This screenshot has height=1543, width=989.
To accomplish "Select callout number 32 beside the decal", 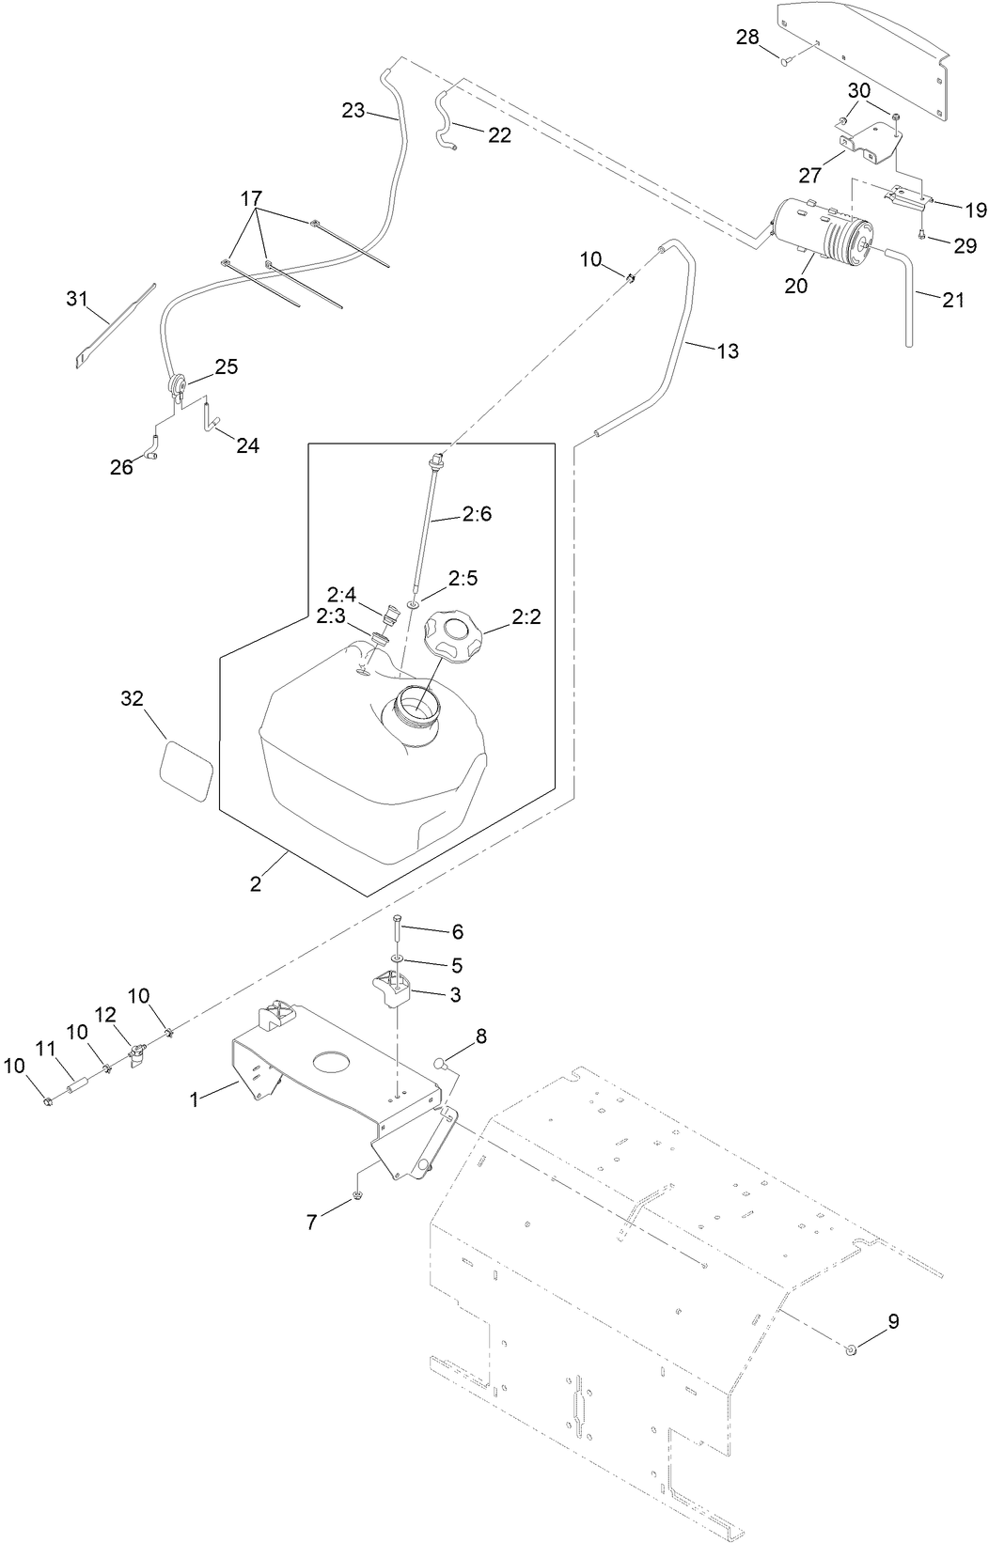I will (133, 698).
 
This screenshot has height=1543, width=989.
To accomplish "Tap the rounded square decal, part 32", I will (186, 770).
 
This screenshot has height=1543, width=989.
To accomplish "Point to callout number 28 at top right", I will (747, 37).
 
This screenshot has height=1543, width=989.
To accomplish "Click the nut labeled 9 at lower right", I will (851, 1350).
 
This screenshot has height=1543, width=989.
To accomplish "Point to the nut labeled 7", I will (358, 1195).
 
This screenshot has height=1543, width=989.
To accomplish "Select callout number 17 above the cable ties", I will (251, 199).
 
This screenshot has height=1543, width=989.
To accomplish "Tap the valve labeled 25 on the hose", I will (176, 384).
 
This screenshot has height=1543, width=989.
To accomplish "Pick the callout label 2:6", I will (477, 514).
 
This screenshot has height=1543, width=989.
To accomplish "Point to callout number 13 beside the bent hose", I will (728, 351).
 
